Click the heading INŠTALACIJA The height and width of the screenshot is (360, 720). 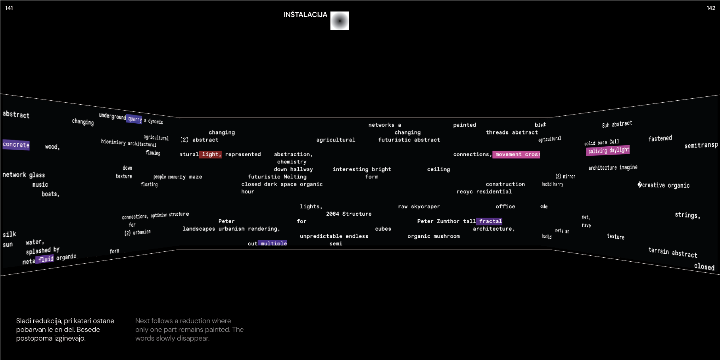coord(305,15)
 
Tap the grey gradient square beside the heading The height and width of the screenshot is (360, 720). coord(340,21)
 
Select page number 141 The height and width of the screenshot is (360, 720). coord(9,8)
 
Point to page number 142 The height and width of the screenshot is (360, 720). coord(711,8)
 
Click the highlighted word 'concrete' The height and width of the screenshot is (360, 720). coord(16,145)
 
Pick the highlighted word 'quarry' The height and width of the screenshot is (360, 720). coord(134,119)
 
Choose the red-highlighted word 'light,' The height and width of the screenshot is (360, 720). coord(211,154)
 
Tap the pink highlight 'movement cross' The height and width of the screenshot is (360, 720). coord(516,154)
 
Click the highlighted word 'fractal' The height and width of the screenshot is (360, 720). coord(490,221)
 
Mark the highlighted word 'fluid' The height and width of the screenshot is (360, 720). coord(46,259)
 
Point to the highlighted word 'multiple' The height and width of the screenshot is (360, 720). coord(273,243)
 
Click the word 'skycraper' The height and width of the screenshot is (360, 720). coord(425,207)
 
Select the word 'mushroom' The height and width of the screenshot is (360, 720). coord(447,236)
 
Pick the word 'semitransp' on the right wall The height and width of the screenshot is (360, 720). coord(701,145)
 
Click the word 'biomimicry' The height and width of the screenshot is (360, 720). coord(113,142)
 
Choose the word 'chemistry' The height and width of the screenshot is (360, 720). coord(292,162)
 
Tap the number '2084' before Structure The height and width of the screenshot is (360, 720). coord(332,214)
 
